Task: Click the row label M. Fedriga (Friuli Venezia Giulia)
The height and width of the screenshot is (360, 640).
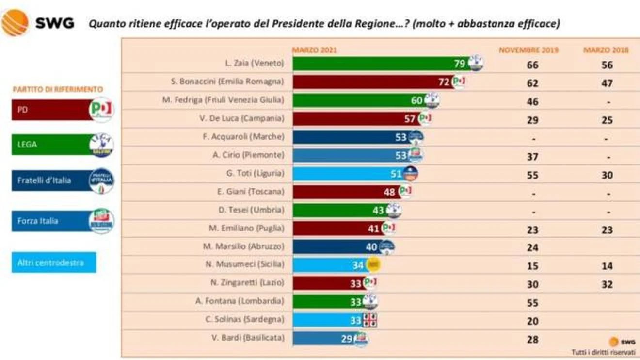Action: (223, 100)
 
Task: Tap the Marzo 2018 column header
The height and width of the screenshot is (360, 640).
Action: (606, 50)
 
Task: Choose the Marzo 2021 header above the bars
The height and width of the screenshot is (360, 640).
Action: (314, 50)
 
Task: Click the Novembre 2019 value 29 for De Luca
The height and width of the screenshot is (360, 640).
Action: (532, 120)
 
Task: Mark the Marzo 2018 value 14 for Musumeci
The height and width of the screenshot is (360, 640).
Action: (607, 266)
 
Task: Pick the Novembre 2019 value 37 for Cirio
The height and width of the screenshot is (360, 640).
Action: (532, 157)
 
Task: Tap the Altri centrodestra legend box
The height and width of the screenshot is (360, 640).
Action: (53, 262)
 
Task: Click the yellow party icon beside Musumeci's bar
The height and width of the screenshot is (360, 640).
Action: (373, 264)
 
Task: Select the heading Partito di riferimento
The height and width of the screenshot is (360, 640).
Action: (58, 89)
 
